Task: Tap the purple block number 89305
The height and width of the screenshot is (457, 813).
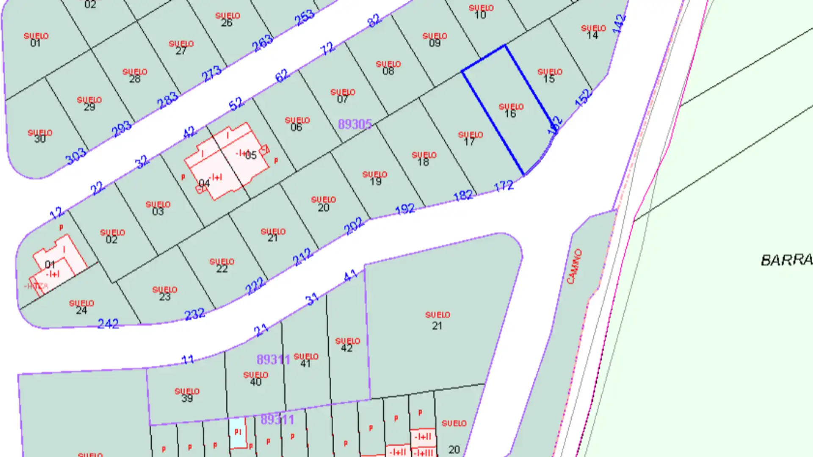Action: pyautogui.click(x=354, y=124)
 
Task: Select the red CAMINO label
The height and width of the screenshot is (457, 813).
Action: pyautogui.click(x=575, y=266)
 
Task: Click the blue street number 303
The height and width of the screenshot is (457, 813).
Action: pyautogui.click(x=76, y=157)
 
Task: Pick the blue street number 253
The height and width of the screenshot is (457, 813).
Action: pyautogui.click(x=304, y=18)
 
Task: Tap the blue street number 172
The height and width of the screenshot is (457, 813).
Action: pyautogui.click(x=503, y=186)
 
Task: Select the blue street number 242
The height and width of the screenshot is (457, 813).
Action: pyautogui.click(x=108, y=324)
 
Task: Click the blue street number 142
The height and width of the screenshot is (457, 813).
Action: pyautogui.click(x=619, y=24)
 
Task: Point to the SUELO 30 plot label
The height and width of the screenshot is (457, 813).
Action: pyautogui.click(x=40, y=136)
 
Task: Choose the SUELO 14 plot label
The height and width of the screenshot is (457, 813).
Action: pyautogui.click(x=593, y=32)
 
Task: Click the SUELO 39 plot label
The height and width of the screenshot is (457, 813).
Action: pyautogui.click(x=187, y=395)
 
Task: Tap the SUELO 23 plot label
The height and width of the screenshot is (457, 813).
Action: pyautogui.click(x=165, y=293)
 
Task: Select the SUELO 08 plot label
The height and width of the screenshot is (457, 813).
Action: pyautogui.click(x=388, y=68)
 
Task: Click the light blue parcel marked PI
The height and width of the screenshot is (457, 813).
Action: pyautogui.click(x=238, y=432)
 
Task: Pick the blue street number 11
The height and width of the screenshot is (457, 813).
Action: pyautogui.click(x=187, y=360)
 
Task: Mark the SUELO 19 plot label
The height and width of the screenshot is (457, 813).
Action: pyautogui.click(x=375, y=178)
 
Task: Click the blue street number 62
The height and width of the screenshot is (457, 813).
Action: pyautogui.click(x=282, y=76)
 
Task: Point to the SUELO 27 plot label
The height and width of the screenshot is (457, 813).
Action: pyautogui.click(x=181, y=47)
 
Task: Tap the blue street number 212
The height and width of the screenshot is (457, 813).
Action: pyautogui.click(x=302, y=257)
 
